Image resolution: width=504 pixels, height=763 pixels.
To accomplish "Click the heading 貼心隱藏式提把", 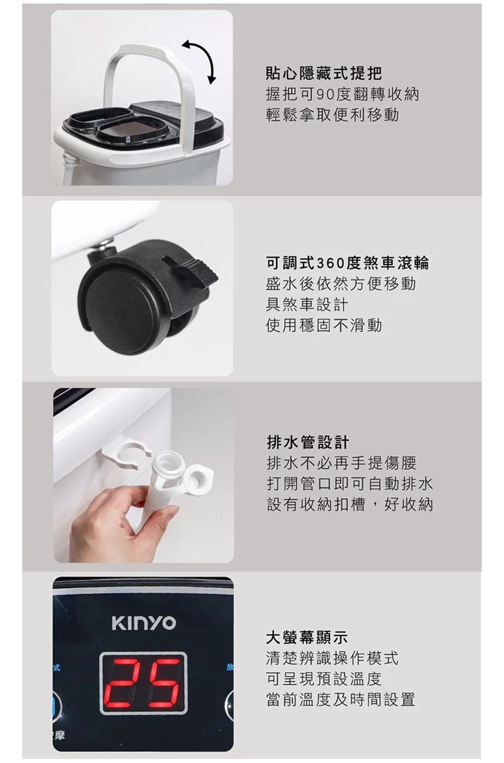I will pos(323,74).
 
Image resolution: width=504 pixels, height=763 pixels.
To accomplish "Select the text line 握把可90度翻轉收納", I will pos(342,94).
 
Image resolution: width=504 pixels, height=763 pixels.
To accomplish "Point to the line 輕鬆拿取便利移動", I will pos(332,115).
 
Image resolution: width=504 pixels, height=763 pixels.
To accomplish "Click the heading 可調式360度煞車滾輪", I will pos(347,262).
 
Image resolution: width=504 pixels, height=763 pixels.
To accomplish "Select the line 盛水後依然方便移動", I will pos(341,284).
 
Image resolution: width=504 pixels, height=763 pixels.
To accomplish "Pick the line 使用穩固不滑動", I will pos(324,325).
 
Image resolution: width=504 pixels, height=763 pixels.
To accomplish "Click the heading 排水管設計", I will pos(307,442).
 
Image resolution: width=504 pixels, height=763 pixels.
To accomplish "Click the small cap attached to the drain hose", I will pos(199,477).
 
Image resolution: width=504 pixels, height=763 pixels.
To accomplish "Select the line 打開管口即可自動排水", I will pos(349,483).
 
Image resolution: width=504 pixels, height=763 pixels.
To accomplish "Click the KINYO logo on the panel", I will pos(143,622).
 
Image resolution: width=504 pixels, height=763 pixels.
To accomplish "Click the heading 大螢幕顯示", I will pos(306,637).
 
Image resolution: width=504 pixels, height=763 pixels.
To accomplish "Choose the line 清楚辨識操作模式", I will pos(332,658).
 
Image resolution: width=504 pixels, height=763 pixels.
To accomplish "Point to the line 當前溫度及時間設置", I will pos(340,700).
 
